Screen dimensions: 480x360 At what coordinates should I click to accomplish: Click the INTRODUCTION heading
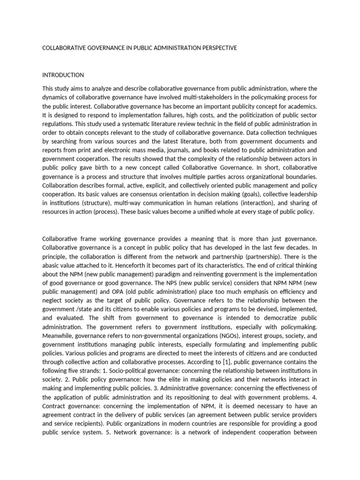(63, 75)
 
